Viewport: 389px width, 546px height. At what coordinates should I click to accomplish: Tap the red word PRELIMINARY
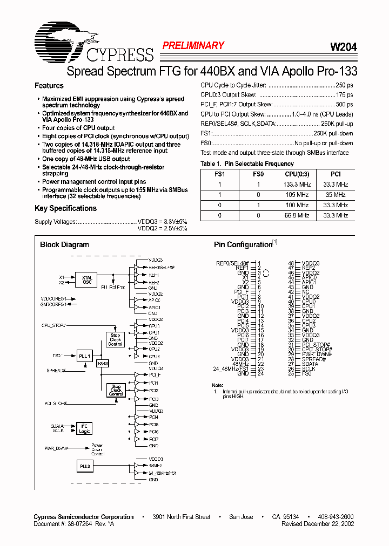(x=193, y=46)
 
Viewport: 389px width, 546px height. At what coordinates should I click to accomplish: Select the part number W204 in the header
(x=343, y=47)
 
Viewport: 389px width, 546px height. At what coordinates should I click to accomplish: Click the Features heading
(x=49, y=86)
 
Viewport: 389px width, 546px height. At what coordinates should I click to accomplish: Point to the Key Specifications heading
(x=65, y=208)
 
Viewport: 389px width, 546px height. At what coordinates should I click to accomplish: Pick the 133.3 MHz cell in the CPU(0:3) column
(x=296, y=185)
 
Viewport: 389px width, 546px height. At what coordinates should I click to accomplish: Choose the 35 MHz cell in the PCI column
(x=336, y=195)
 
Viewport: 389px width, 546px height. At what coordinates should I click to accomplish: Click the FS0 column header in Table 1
(x=258, y=174)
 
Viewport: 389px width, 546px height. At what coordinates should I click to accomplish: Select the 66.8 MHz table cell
(x=296, y=215)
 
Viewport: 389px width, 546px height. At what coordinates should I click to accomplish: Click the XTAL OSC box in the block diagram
(x=87, y=279)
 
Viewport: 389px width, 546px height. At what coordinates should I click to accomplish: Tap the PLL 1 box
(x=85, y=356)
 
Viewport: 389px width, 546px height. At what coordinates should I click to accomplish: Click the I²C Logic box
(x=85, y=428)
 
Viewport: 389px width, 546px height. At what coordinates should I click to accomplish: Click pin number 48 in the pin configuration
(x=291, y=263)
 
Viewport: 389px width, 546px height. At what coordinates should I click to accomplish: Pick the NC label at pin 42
(x=305, y=292)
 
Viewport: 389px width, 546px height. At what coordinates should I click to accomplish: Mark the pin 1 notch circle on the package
(x=266, y=273)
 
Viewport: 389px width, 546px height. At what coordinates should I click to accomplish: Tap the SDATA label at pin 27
(x=310, y=364)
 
